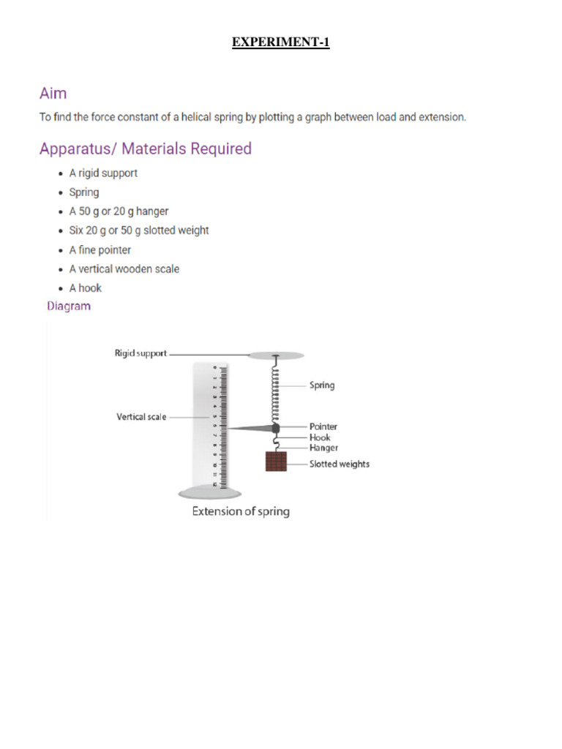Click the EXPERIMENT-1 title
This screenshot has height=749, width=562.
[281, 42]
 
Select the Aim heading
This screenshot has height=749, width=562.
[53, 94]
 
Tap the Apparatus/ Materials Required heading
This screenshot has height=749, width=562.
[145, 149]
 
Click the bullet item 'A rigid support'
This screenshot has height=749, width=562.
[103, 173]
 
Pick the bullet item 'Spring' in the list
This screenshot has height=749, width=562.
[84, 192]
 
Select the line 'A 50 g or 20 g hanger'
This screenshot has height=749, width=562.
[119, 211]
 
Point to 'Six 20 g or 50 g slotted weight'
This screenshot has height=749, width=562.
[139, 230]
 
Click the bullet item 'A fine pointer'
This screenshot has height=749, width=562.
[100, 250]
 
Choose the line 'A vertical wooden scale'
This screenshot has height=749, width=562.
[124, 269]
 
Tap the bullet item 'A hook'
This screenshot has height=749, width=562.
[86, 288]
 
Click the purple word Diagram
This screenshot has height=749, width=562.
[69, 306]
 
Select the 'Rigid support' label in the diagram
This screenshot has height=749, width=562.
[140, 353]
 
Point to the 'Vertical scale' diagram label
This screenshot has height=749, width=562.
[141, 417]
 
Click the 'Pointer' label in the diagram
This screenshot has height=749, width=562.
[323, 426]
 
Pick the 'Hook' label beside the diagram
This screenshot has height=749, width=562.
[320, 437]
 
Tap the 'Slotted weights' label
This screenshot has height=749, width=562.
[340, 464]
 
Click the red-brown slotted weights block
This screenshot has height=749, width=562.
[276, 462]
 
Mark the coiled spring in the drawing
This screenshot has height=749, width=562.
[276, 391]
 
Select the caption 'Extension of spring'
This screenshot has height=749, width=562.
[241, 511]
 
